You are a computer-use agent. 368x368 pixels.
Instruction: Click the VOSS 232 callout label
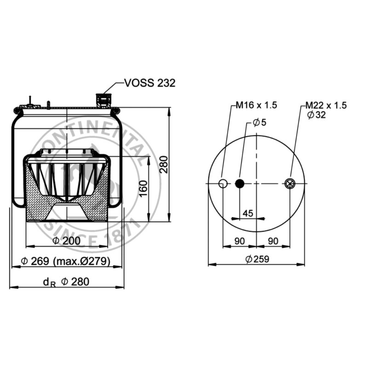pyautogui.click(x=150, y=83)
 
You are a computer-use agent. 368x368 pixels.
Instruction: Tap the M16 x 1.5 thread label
pyautogui.click(x=256, y=105)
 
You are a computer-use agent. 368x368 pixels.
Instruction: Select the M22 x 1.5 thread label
pyautogui.click(x=326, y=105)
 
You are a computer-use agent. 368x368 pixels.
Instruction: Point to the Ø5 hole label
pyautogui.click(x=259, y=122)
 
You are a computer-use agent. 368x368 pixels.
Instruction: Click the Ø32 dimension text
pyautogui.click(x=317, y=115)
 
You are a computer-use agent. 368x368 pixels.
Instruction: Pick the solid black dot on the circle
pyautogui.click(x=240, y=184)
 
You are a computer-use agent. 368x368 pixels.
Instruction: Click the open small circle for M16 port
pyautogui.click(x=223, y=184)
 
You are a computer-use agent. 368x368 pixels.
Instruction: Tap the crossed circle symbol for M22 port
pyautogui.click(x=290, y=184)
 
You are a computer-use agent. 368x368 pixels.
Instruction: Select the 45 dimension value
pyautogui.click(x=248, y=213)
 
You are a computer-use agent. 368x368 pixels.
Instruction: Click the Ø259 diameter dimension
pyautogui.click(x=257, y=259)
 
